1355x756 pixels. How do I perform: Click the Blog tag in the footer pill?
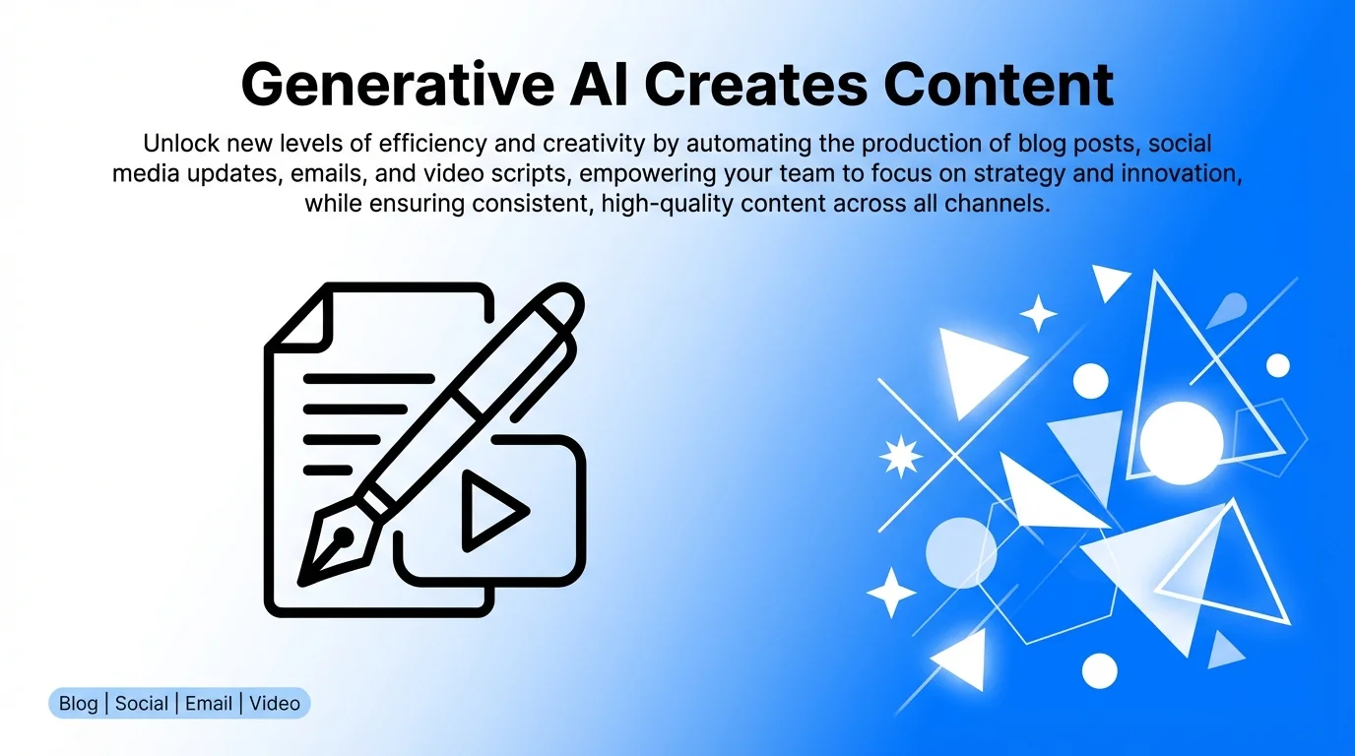point(79,704)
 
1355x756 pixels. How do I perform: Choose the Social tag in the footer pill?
point(142,704)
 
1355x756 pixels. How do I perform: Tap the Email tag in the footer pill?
point(209,704)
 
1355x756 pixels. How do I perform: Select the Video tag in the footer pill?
point(275,704)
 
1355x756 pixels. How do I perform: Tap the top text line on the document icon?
point(368,377)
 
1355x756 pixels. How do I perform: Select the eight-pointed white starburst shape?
point(900,457)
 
